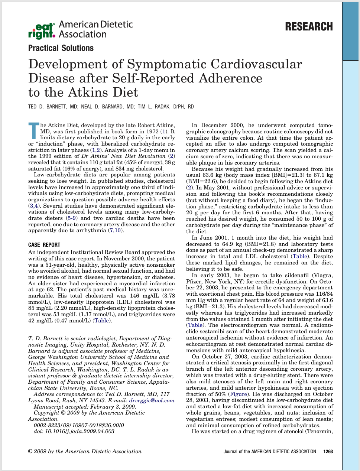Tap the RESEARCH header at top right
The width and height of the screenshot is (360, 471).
coord(309,27)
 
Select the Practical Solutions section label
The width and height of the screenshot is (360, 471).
coord(61,48)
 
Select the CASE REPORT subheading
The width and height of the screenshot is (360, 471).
coord(44,245)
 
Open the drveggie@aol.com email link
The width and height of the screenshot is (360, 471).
coord(152,400)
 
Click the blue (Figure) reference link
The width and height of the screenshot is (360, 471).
coord(238,394)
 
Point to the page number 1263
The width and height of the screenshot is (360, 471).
coord(328,452)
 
